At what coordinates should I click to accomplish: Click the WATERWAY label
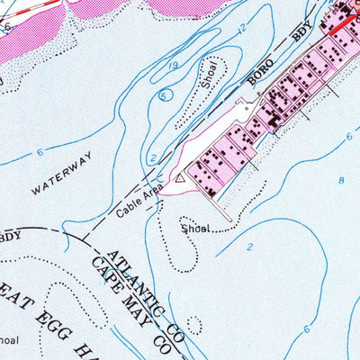click(x=62, y=174)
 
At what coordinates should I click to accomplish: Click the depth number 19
click(x=174, y=65)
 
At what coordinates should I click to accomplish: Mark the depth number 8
click(x=341, y=181)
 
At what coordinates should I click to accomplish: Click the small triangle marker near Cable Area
click(x=180, y=179)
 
